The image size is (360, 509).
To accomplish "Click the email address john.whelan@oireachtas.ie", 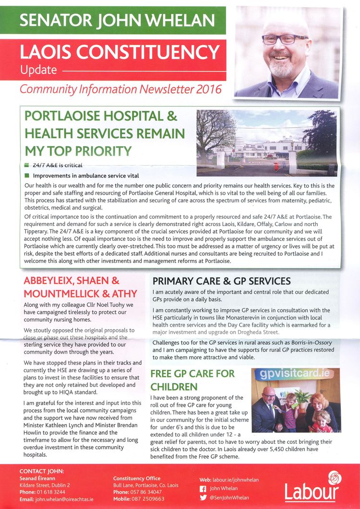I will tap(64, 499).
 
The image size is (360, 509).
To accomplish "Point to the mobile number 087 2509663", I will tap(147, 499).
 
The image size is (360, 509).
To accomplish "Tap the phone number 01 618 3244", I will tap(51, 492).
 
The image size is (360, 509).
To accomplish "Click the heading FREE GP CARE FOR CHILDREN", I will tap(192, 380).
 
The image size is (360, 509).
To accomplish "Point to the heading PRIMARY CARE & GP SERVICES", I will tap(221, 281).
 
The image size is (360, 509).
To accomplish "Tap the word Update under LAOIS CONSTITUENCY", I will tap(38, 70).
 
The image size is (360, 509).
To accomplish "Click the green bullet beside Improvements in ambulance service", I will tap(27, 176).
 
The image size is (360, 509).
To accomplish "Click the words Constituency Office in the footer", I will tap(137, 478).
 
